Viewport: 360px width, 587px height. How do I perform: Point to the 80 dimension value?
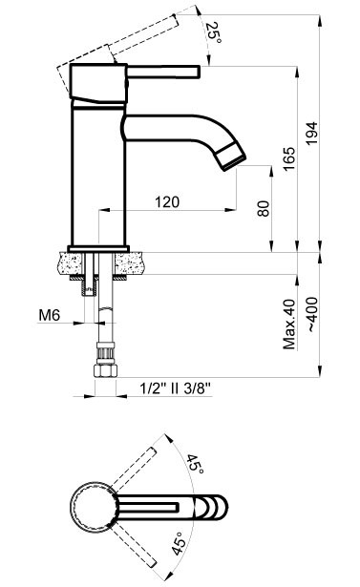[262, 209]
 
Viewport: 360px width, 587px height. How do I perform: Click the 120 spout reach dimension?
[166, 201]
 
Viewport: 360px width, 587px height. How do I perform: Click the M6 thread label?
[52, 314]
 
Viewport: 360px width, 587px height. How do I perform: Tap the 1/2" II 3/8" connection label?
[174, 388]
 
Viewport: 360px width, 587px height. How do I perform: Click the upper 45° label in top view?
[194, 465]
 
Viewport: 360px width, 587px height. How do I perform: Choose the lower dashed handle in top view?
[138, 539]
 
